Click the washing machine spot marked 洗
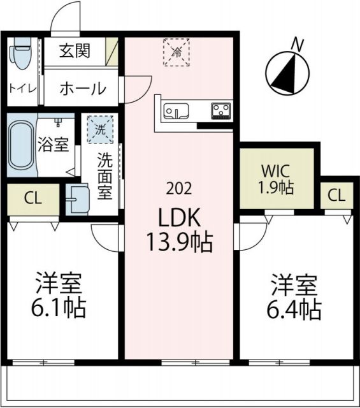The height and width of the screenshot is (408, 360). pos(99,127)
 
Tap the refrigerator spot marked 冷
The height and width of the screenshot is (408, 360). pos(176,52)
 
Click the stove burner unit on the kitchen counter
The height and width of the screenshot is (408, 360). pos(221,110)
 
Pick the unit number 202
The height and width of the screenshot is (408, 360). pos(176,189)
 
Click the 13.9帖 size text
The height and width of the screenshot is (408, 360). pos(176,242)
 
